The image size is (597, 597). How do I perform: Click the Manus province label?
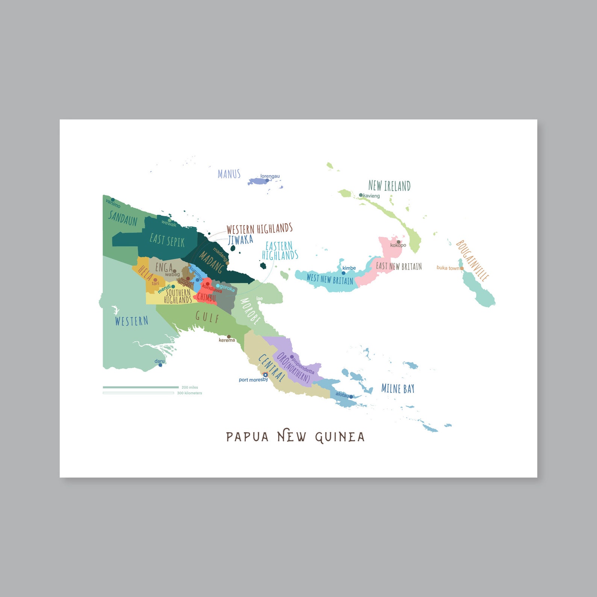click(229, 174)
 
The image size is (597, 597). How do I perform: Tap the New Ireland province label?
click(389, 186)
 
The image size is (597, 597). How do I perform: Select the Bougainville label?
click(473, 261)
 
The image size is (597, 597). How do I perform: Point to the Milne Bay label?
click(398, 389)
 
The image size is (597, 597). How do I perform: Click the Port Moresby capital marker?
click(265, 375)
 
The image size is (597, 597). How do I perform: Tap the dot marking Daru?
click(161, 365)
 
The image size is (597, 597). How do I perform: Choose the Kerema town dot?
click(229, 337)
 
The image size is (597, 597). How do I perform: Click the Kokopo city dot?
click(399, 242)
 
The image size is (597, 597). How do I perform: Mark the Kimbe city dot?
click(343, 273)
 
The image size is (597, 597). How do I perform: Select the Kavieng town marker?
click(361, 195)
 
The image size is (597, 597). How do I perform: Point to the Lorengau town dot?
click(267, 180)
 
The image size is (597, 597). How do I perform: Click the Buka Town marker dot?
click(462, 268)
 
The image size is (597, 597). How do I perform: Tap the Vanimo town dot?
click(112, 200)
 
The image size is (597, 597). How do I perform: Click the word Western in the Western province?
click(132, 321)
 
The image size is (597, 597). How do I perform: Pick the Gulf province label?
click(207, 317)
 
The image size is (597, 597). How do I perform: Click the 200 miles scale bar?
click(141, 387)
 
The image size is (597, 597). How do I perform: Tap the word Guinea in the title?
click(340, 437)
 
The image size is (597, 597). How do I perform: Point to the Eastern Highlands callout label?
click(280, 251)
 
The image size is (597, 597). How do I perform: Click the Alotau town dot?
click(351, 397)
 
